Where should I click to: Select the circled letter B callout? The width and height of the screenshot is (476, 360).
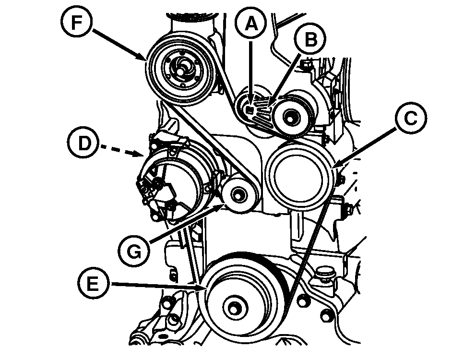[310, 40]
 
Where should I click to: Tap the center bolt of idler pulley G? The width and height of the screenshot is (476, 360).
[238, 195]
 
